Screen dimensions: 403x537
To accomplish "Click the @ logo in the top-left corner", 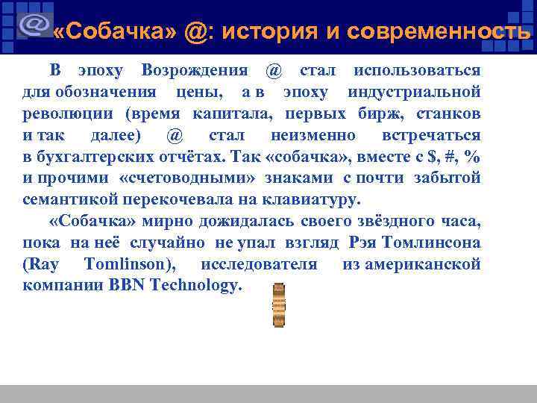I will (x=33, y=26).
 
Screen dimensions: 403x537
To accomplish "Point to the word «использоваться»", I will (x=417, y=71).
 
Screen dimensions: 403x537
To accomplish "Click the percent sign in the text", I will (x=471, y=157).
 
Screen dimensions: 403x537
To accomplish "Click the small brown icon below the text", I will (x=279, y=305).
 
